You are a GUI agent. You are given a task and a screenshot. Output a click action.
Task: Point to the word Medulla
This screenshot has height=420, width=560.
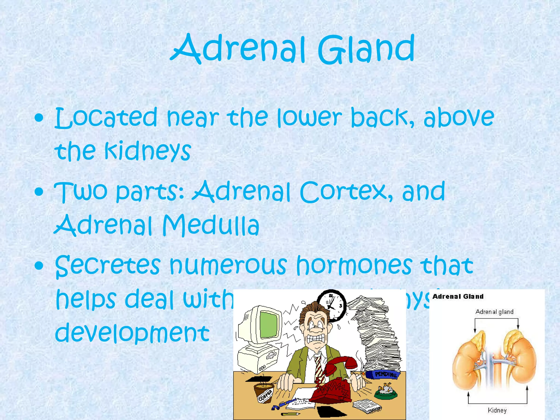pos(211,225)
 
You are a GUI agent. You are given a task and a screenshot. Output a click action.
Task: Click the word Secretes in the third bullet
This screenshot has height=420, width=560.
pos(108,265)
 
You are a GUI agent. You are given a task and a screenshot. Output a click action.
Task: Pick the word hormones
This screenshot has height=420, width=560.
pos(354,265)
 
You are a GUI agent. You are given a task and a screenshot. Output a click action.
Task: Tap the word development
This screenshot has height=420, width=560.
pos(132,332)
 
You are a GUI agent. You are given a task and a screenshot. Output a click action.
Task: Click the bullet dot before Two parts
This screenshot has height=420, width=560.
pos(39,192)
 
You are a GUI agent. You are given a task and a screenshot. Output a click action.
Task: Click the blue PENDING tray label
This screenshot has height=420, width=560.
pos(385,374)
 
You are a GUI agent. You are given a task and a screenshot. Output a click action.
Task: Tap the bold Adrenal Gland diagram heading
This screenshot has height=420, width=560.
pos(458,296)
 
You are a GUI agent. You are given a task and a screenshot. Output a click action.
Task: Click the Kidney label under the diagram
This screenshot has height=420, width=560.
pos(497,410)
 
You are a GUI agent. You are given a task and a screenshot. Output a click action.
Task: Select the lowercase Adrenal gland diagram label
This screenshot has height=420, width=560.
pos(494,312)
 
